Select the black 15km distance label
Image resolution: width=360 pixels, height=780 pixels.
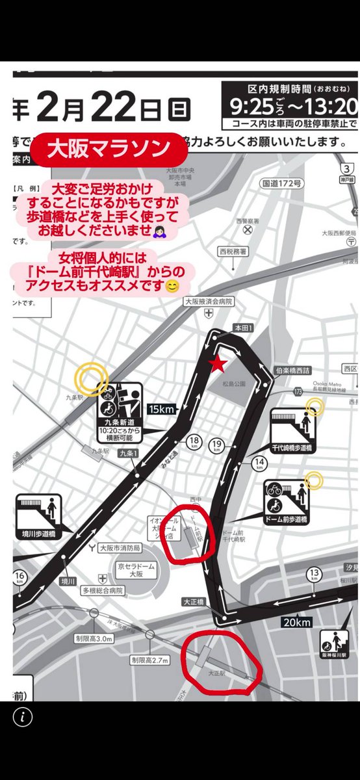tap(162, 409)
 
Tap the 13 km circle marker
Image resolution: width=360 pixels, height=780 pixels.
tap(315, 575)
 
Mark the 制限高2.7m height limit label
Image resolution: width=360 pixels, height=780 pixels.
tap(149, 660)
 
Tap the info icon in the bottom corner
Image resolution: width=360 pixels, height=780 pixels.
tap(23, 716)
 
